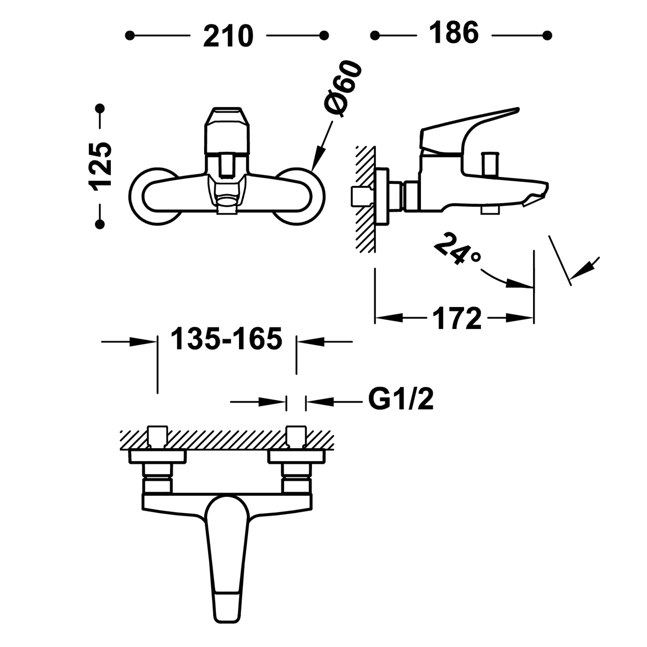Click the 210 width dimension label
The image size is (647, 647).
click(228, 36)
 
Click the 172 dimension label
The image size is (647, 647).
click(457, 319)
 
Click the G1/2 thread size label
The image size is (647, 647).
click(401, 400)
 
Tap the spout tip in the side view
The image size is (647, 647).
click(539, 192)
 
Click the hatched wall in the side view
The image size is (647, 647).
click(365, 198)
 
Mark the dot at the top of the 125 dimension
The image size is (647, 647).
click(100, 107)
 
